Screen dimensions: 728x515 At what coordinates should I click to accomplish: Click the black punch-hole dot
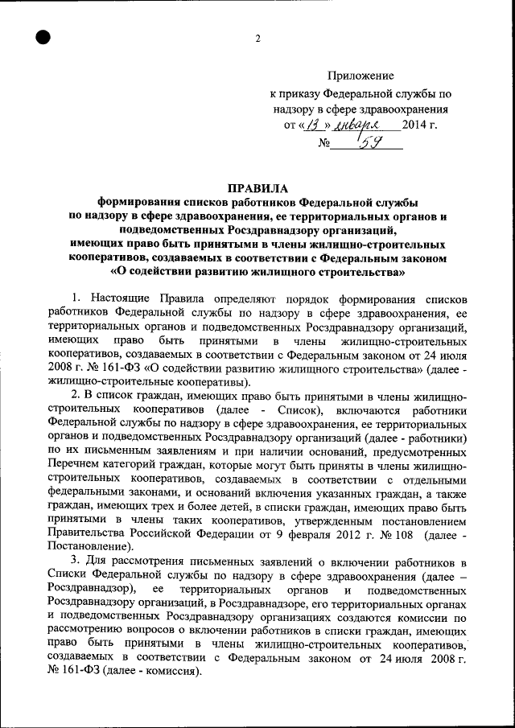tap(43, 37)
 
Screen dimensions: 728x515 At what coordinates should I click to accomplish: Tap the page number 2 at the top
tap(257, 39)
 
